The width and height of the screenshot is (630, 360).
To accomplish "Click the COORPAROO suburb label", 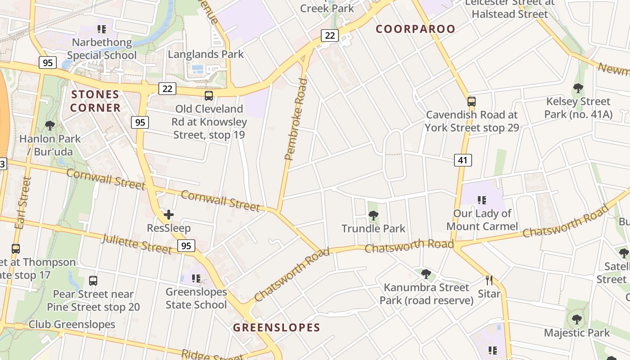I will click(x=415, y=29).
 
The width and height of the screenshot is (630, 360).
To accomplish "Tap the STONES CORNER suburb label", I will click(x=95, y=101).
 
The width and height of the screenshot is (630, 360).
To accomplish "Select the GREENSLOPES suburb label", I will click(x=276, y=328).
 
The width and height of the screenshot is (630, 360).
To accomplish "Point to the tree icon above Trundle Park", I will click(x=373, y=216).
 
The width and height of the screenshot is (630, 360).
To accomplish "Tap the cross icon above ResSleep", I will click(x=169, y=215).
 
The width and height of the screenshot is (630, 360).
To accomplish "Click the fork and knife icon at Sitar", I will click(x=489, y=280).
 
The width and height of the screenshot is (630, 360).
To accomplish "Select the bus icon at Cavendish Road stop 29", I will click(x=471, y=101).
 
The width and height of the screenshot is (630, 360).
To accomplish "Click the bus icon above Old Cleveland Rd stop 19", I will click(x=209, y=95).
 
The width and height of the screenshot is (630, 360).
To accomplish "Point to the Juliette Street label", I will click(x=137, y=244).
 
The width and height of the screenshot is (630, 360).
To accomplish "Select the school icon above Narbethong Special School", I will click(x=102, y=30).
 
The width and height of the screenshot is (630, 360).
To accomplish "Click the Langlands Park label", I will click(x=206, y=54).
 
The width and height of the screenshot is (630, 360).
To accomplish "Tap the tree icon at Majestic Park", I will click(x=576, y=319).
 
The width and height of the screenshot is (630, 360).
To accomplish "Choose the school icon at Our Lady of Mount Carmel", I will click(x=482, y=200).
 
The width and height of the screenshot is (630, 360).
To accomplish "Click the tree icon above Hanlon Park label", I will click(x=50, y=126).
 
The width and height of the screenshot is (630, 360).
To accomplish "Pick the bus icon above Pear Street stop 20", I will click(x=93, y=281).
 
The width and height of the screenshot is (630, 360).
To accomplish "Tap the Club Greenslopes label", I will click(x=72, y=324).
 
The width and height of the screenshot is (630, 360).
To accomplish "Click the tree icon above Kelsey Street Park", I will click(x=578, y=88).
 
